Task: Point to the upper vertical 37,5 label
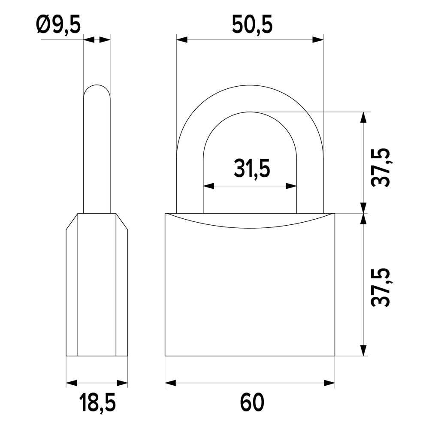tap(381, 167)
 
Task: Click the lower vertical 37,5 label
tap(381, 287)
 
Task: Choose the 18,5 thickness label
tap(97, 403)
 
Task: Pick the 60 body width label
tap(252, 402)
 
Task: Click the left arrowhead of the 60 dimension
tap(171, 383)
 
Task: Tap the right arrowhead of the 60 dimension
tap(329, 383)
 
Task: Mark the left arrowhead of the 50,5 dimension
tap(182, 40)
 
